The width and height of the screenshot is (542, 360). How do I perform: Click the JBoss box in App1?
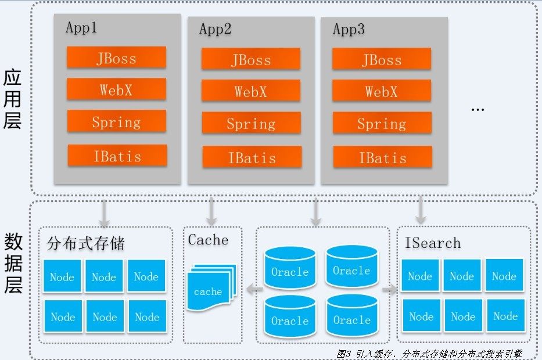point(116,57)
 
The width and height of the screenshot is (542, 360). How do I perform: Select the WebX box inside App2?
point(251,91)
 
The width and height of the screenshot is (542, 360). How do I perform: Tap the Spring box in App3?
point(382,123)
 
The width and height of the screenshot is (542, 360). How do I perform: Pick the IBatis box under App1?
point(117,156)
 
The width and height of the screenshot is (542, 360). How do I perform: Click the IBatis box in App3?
point(382,157)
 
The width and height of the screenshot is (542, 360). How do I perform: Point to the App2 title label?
point(215,29)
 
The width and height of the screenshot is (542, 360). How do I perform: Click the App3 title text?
point(349,29)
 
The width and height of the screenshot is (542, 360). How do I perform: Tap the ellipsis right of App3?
point(477,109)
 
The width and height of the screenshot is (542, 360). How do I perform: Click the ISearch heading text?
point(432,243)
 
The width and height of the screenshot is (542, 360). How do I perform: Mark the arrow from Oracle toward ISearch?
point(390,289)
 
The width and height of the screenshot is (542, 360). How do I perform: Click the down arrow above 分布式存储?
point(105,213)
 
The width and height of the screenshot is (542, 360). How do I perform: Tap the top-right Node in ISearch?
point(504,276)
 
